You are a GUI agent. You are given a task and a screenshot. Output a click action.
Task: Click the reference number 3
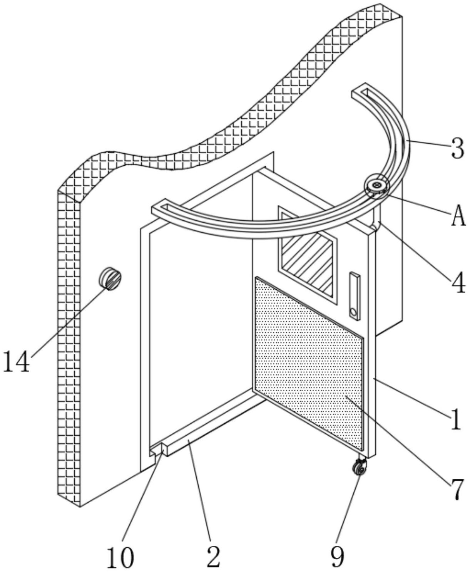pos(457,149)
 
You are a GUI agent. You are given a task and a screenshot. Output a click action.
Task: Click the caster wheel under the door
pos(360,468)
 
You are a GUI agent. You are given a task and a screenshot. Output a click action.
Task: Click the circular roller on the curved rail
pos(376,187)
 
